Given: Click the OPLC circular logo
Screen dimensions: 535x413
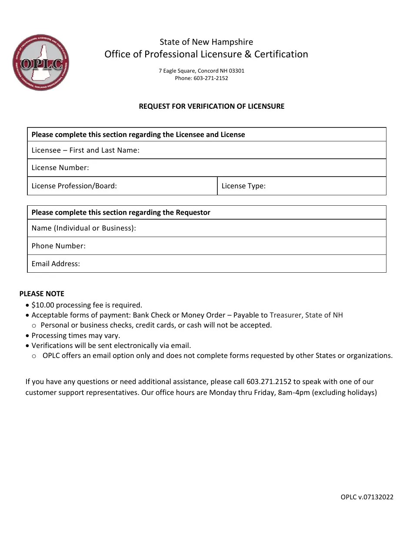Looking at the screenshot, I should [x=41, y=63].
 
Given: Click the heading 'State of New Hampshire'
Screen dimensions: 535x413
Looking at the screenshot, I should [x=206, y=42].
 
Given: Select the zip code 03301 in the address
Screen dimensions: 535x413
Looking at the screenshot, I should [x=236, y=70].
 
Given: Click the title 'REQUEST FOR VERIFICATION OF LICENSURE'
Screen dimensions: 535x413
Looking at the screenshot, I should [x=211, y=106].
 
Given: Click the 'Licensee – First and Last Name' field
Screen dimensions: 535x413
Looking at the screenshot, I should [x=261, y=150].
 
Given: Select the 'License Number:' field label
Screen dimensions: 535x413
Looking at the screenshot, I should [x=60, y=167].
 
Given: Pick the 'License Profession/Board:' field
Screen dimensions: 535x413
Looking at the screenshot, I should [x=165, y=186].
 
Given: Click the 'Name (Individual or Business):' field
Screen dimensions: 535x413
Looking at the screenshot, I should [x=261, y=228].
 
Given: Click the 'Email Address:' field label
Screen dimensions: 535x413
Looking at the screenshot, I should [x=56, y=264].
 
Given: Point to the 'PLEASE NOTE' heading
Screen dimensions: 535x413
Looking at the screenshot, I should [x=42, y=294].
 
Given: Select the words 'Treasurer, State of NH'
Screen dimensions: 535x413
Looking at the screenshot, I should [x=306, y=315].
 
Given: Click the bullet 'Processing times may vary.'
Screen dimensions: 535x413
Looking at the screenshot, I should [x=76, y=335].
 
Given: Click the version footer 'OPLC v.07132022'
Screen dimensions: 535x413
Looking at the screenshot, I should [x=367, y=497].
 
